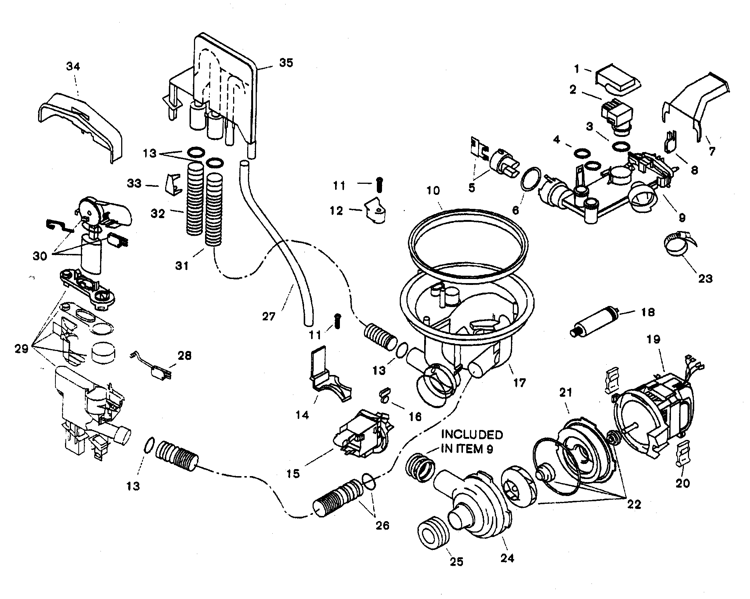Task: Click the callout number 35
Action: coord(286,63)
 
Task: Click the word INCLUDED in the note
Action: coord(472,435)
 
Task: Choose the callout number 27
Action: coord(269,316)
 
